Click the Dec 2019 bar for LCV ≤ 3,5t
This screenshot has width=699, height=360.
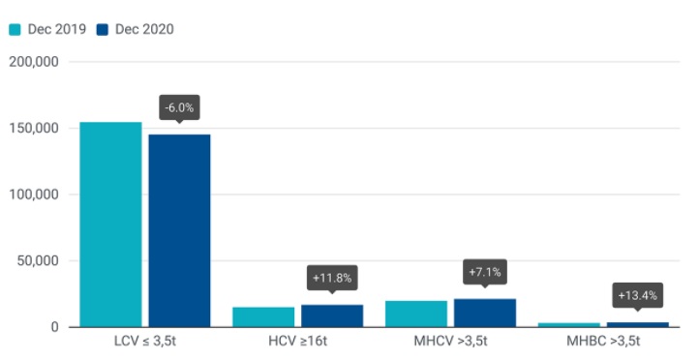point(110,225)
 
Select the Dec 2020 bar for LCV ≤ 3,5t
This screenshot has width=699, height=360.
point(179,230)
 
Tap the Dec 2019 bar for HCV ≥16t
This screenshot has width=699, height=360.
point(263,317)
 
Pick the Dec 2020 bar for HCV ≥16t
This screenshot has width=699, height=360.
point(332,316)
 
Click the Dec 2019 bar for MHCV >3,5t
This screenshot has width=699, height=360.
point(416,315)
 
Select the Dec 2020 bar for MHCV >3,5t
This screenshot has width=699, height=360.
point(485,314)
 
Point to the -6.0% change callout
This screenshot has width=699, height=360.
point(179,107)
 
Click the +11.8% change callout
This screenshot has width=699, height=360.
point(332,278)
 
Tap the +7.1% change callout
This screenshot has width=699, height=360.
point(485,272)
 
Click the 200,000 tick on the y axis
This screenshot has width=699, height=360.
point(34,62)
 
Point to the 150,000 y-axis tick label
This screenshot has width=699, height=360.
point(34,129)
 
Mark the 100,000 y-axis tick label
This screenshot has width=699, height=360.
point(34,195)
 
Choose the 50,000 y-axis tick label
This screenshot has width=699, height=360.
point(37,261)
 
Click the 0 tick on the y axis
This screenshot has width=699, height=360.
point(55,327)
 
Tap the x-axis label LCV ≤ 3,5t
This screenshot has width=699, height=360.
point(145,344)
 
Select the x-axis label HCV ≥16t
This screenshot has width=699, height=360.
point(297,344)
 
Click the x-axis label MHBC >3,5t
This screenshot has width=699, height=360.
point(603,344)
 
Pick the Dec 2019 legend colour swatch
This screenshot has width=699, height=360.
point(15,29)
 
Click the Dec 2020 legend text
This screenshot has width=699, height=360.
point(144,29)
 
